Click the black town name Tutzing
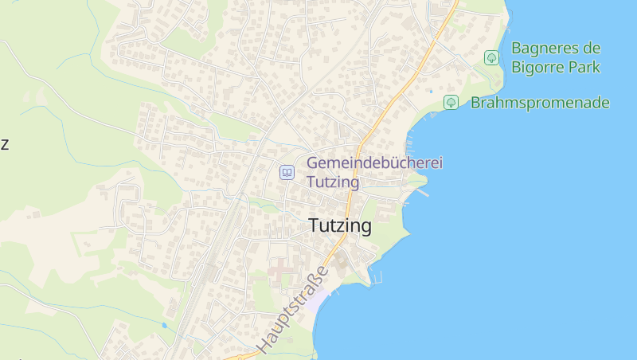(x=340, y=226)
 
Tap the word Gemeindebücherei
(x=374, y=163)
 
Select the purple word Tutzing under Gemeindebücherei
(x=333, y=182)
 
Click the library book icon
(x=287, y=172)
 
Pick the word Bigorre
(x=541, y=67)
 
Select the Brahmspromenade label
(x=540, y=103)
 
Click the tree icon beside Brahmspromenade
(x=451, y=102)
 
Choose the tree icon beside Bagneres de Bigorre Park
(x=491, y=57)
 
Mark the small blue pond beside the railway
(x=163, y=325)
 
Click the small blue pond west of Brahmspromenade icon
(x=431, y=92)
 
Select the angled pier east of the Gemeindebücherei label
(x=422, y=191)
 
